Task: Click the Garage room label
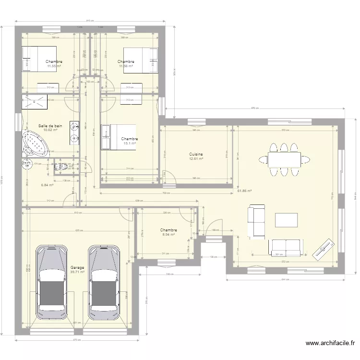77,267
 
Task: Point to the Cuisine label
196,154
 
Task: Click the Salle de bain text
50,126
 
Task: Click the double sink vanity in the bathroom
74,132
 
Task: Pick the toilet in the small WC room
60,167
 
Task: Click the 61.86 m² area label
244,191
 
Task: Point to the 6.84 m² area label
47,185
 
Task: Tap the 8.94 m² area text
168,235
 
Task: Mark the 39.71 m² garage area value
77,272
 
